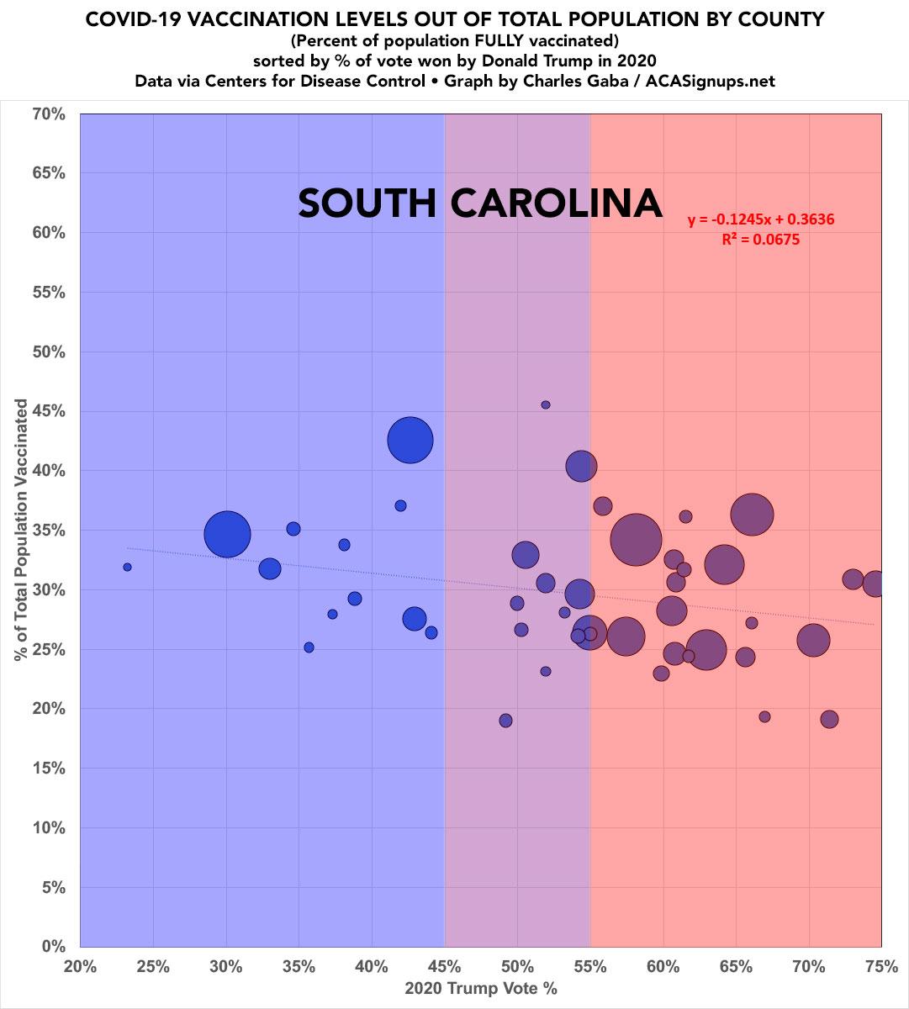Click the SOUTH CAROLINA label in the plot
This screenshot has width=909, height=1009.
(x=480, y=203)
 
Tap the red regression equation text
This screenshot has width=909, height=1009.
(x=760, y=220)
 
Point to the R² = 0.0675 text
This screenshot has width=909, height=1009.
(x=760, y=240)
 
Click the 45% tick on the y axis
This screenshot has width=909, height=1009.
(x=48, y=411)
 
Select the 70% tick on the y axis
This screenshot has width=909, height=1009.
(x=48, y=113)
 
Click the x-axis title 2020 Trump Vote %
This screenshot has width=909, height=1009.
(x=481, y=988)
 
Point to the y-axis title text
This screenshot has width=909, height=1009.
(x=21, y=530)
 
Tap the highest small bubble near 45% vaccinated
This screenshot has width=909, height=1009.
(x=546, y=404)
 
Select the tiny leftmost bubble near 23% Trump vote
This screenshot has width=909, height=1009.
(x=127, y=567)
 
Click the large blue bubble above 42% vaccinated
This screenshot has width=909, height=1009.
(x=410, y=440)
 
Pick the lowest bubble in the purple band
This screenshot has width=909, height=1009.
(x=505, y=721)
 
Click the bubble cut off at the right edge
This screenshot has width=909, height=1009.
(x=875, y=584)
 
